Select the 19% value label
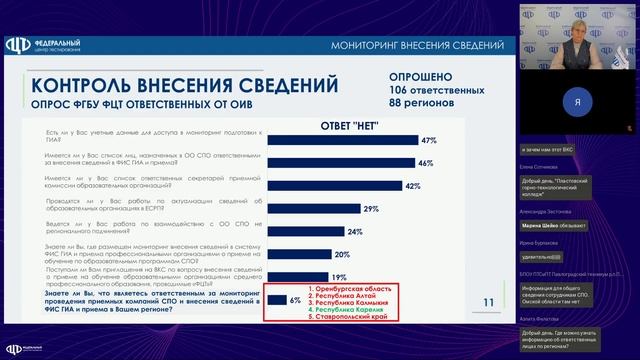(339, 277)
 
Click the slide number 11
(488, 302)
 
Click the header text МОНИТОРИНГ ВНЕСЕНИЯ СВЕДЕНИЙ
(431, 47)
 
